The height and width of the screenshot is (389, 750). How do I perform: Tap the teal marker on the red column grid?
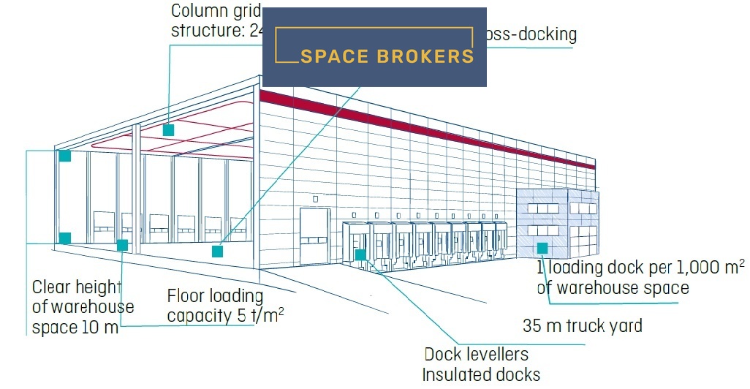[x=168, y=130]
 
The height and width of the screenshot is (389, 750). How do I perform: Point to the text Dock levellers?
[x=476, y=355]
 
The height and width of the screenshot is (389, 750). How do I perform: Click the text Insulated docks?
[x=481, y=375]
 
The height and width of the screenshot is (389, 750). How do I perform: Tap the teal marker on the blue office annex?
[x=542, y=248]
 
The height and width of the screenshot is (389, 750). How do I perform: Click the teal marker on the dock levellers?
[x=360, y=254]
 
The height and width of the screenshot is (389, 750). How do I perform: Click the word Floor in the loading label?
[x=189, y=296]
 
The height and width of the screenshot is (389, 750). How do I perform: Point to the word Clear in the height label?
[x=53, y=287]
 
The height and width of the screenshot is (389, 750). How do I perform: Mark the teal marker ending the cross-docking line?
[x=217, y=252]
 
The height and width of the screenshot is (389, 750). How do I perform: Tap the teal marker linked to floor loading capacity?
[x=122, y=245]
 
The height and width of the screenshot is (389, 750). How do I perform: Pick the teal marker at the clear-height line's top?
[x=65, y=156]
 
